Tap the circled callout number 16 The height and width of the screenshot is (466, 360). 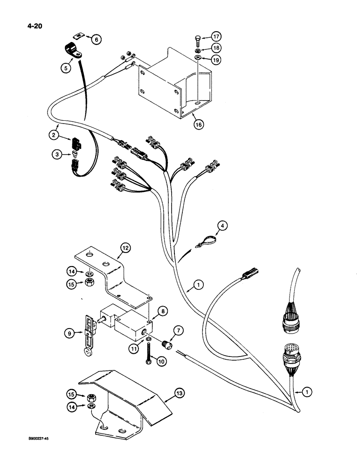tap(199, 125)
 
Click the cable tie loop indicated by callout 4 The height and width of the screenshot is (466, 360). tap(206, 241)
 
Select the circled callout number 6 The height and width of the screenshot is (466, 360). tap(96, 40)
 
